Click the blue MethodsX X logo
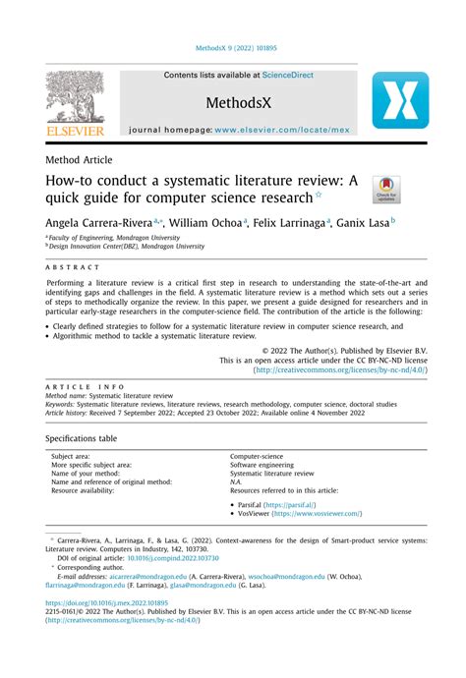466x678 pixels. click(x=399, y=100)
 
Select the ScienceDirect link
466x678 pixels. click(x=283, y=75)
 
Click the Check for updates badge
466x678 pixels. click(x=386, y=190)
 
